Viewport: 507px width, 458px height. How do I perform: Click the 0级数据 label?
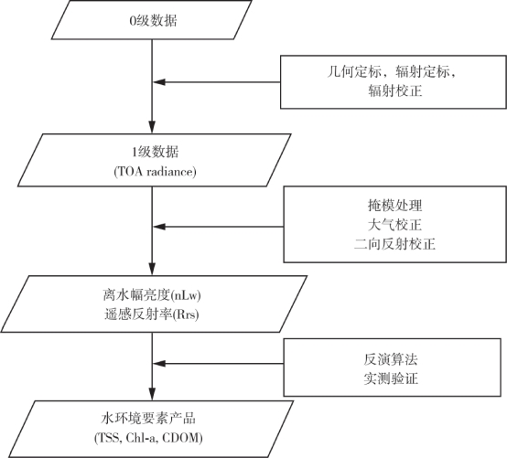click(153, 21)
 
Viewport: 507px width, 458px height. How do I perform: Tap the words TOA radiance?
click(156, 172)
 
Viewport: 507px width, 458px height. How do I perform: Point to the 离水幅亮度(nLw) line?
click(152, 295)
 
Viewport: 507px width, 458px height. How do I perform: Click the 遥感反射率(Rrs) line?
click(152, 314)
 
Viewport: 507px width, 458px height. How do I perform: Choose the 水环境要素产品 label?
click(148, 419)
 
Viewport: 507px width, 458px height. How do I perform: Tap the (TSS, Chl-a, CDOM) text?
click(148, 438)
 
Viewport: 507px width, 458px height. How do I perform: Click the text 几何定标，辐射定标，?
click(392, 71)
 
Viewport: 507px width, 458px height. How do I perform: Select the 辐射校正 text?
click(395, 91)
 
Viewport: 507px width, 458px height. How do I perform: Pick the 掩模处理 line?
click(394, 206)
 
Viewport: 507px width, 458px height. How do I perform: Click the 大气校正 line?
click(394, 225)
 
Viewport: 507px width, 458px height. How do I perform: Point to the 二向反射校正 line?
click(394, 244)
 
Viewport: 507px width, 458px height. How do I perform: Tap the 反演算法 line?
click(391, 359)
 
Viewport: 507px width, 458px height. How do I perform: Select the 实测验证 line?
click(391, 378)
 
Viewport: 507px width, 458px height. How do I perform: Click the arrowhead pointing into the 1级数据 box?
click(152, 127)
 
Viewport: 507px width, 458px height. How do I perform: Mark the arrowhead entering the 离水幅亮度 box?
click(152, 269)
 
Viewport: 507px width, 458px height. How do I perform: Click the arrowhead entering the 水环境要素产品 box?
click(152, 394)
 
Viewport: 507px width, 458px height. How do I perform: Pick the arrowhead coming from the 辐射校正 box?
click(159, 82)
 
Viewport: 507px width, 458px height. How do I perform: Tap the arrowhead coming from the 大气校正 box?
click(159, 227)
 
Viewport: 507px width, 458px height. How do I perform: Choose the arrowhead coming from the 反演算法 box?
click(159, 364)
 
